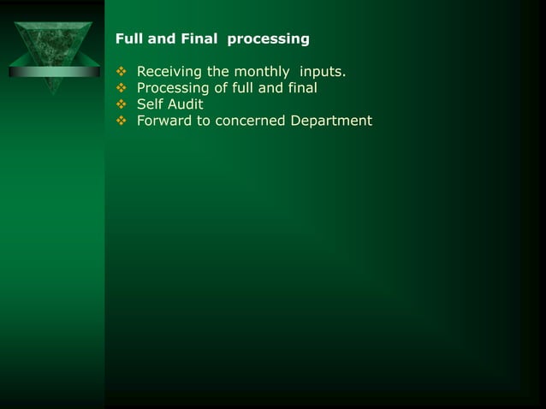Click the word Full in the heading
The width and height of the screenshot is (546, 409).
(x=128, y=39)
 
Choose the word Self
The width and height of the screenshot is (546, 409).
(x=150, y=104)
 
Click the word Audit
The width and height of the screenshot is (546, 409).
(x=185, y=104)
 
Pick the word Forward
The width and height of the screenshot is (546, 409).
(x=165, y=121)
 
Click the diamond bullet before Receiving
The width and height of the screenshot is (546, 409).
(x=121, y=70)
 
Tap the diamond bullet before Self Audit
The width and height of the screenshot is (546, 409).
(x=121, y=104)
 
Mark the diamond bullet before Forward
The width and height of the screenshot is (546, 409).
(x=121, y=121)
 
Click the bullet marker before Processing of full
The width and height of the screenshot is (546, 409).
(x=121, y=87)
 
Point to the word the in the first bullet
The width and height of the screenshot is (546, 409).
(x=218, y=70)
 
